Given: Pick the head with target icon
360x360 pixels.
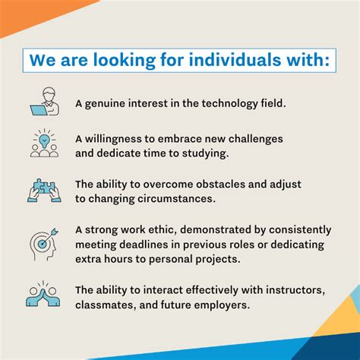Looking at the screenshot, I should click(x=43, y=242).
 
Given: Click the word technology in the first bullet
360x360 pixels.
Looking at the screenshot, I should click(x=217, y=103).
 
